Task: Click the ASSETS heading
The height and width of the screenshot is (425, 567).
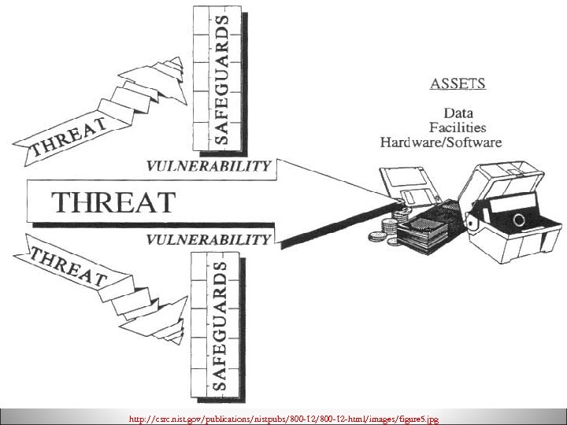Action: (458, 83)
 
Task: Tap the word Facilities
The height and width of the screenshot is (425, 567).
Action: (458, 127)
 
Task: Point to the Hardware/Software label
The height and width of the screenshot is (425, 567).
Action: (441, 142)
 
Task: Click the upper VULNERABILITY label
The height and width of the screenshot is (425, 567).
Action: (209, 166)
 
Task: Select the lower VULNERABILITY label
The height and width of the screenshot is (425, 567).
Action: (209, 238)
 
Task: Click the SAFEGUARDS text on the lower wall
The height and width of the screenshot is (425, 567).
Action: (223, 327)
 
